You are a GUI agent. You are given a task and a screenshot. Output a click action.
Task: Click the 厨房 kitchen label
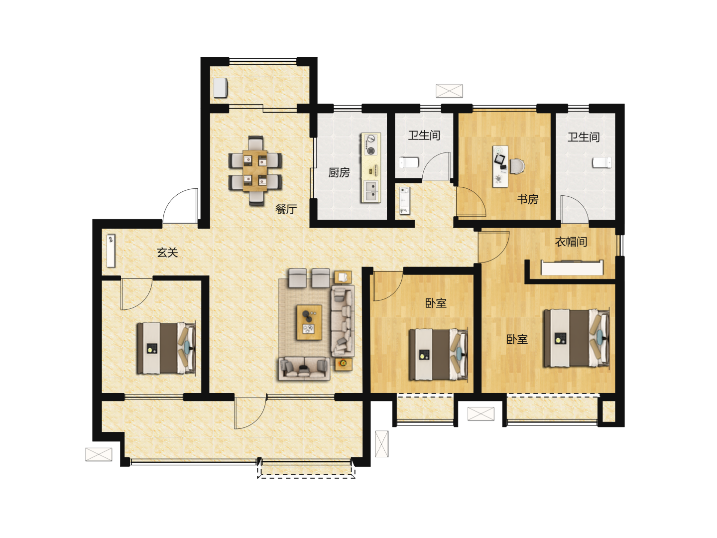click(339, 172)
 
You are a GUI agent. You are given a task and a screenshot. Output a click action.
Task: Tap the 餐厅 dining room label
click(286, 209)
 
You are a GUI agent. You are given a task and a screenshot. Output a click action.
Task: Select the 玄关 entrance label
click(167, 252)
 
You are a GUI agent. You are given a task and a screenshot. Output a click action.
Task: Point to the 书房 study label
click(527, 199)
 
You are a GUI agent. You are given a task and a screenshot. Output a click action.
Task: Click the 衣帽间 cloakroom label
click(571, 242)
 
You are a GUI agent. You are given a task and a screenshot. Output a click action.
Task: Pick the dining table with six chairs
click(255, 170)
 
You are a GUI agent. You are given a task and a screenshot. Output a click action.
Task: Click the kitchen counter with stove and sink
click(371, 167)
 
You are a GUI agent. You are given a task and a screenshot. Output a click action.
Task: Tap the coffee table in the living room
click(309, 322)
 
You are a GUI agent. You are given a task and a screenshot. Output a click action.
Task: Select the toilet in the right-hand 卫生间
click(602, 162)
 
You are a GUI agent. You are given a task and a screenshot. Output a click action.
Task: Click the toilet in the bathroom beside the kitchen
click(409, 162)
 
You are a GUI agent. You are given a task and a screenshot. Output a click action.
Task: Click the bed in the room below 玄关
click(166, 348)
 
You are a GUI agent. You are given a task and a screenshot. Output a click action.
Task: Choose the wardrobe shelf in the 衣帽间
click(572, 268)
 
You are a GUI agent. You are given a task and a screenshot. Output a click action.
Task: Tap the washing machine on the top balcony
click(221, 88)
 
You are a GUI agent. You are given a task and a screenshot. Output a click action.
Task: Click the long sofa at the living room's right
click(343, 321)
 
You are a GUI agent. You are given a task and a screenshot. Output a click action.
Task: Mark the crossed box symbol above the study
click(449, 91)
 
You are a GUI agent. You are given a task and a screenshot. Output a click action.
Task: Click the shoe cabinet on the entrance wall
click(111, 251)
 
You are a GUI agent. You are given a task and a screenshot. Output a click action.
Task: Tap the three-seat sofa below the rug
click(304, 369)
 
